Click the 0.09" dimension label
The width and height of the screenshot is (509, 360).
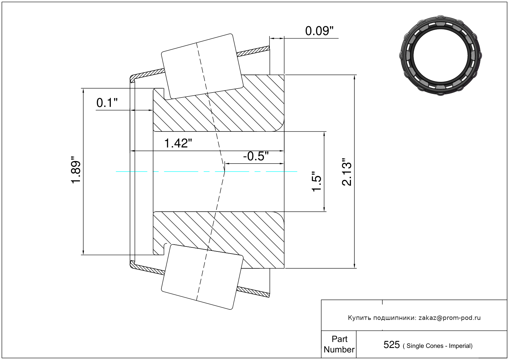coord(319,31)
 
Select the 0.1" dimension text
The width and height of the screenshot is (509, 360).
coord(107,103)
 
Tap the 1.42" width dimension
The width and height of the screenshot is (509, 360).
coord(178,143)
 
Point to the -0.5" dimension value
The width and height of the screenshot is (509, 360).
coord(256,156)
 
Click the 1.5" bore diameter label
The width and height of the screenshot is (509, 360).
coord(316,181)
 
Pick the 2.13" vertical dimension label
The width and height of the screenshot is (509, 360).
coord(347,172)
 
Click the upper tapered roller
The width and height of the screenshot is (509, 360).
coord(202,67)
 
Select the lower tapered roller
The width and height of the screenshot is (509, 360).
coord(202,277)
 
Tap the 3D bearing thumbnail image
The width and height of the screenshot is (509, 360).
coord(440,56)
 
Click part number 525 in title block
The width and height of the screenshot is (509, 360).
coord(391,345)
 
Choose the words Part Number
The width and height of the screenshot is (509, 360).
coord(339,344)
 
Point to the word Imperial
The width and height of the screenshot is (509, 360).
coord(460,346)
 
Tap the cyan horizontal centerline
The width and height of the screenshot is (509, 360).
coord(207,172)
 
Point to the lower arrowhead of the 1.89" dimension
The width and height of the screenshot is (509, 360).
coord(83,252)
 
